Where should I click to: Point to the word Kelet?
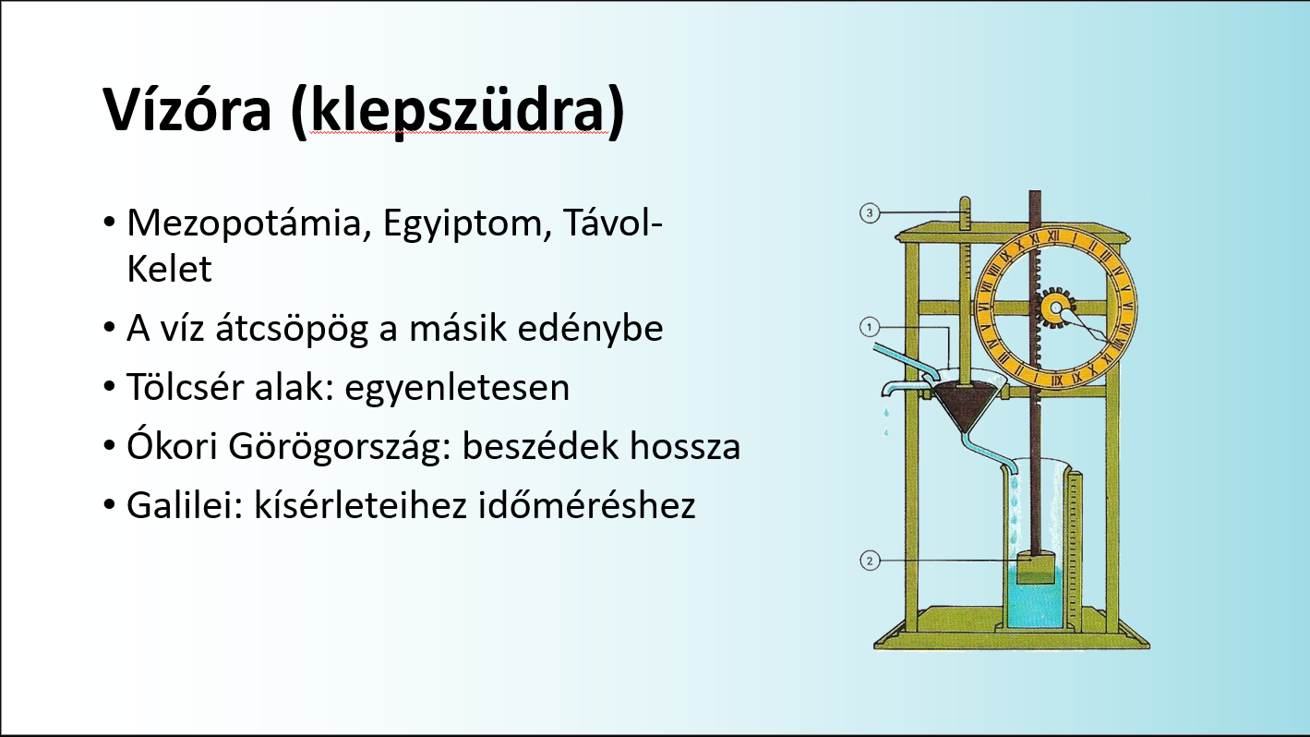(169, 269)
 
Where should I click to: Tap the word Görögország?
(329, 447)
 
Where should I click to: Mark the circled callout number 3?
(869, 214)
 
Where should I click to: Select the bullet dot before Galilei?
(109, 507)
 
